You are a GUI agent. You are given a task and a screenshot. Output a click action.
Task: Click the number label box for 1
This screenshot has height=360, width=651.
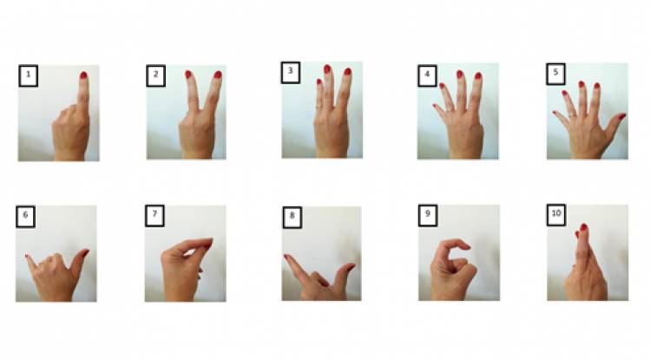[29, 75]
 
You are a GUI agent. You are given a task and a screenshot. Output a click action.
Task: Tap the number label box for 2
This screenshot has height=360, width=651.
[155, 75]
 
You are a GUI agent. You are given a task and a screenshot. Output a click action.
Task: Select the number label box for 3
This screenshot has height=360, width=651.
[291, 73]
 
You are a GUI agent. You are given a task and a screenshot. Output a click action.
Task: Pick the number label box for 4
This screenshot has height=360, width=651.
[427, 75]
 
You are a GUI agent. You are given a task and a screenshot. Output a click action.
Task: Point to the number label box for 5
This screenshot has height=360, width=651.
[556, 74]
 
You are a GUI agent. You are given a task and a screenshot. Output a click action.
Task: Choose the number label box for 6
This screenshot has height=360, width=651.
[26, 217]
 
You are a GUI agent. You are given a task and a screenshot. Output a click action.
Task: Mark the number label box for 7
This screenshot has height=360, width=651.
[155, 216]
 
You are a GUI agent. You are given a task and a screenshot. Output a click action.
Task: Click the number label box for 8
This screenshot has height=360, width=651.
[293, 218]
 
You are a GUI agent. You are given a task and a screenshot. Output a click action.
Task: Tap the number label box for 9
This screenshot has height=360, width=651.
[428, 215]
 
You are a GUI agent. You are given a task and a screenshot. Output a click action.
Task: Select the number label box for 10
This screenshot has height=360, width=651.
[556, 215]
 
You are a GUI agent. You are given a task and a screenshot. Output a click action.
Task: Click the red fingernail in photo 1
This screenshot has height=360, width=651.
[83, 75]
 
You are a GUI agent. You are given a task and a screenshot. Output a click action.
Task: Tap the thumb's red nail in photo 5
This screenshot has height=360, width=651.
[622, 116]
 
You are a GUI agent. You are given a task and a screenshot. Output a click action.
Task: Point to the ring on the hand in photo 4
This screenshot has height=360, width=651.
[450, 110]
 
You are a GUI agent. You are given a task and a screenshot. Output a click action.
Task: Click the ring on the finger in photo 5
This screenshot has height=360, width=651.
[573, 115]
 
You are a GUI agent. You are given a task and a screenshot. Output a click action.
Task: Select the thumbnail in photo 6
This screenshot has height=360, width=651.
[85, 252]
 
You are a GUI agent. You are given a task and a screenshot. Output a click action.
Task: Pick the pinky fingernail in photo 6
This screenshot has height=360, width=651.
[27, 258]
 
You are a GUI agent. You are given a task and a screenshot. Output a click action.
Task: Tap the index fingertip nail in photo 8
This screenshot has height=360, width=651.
[286, 257]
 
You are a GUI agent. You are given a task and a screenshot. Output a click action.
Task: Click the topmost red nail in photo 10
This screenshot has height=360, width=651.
[584, 227]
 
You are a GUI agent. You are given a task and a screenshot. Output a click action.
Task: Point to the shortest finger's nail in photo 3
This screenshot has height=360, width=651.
[319, 82]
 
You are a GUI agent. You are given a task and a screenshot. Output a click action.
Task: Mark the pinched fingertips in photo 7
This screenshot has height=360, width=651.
[208, 244]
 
